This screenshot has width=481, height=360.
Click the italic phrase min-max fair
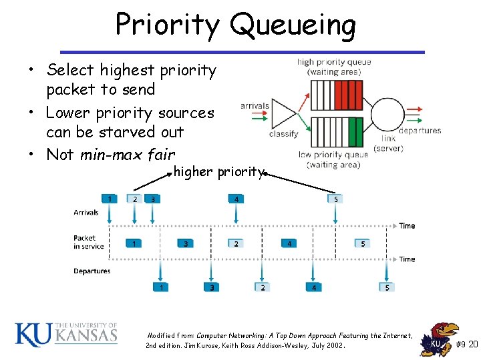[x=127, y=155]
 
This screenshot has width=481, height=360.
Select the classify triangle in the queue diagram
[x=285, y=114]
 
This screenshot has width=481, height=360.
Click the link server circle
[x=387, y=115]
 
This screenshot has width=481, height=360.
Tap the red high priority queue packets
[x=347, y=94]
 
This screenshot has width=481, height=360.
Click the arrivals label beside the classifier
[x=255, y=105]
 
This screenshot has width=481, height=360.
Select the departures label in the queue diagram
[x=420, y=131]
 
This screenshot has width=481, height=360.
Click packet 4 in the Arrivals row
[x=236, y=199]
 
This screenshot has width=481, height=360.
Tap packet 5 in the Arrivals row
[x=336, y=199]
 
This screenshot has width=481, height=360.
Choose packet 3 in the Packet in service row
[x=186, y=244]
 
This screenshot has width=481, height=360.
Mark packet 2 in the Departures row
[x=263, y=287]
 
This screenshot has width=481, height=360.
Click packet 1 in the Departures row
[x=160, y=287]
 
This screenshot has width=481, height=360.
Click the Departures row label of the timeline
[x=92, y=271]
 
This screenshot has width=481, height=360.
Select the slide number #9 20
[x=466, y=344]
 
